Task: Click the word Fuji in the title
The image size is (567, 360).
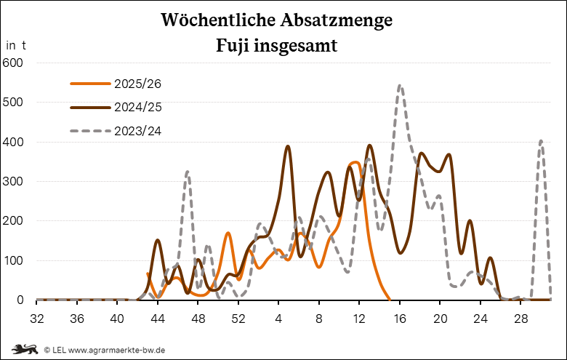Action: [236, 45]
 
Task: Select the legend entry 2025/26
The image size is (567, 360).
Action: [137, 84]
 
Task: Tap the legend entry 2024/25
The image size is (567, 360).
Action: [137, 107]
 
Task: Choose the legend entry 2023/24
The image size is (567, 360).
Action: [137, 131]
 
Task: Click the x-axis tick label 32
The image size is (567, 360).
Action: [37, 318]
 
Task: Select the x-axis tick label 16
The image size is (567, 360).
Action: [400, 318]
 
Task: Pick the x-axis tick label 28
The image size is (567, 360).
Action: [520, 318]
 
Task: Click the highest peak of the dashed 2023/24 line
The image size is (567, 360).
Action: [400, 86]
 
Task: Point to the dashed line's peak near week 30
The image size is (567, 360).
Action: [541, 141]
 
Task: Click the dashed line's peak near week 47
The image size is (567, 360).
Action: [188, 172]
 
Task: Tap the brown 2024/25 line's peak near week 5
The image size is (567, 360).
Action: [288, 147]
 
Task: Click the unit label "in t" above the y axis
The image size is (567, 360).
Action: [16, 44]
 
